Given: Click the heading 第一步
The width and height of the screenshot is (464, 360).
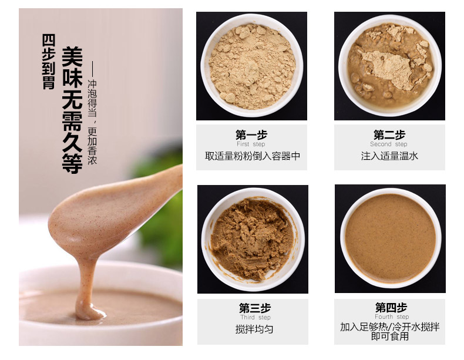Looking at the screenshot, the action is coord(251,135).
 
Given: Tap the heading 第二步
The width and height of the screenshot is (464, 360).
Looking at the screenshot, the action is coord(389,135).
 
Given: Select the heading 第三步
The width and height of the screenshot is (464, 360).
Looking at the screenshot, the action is coord(255,308).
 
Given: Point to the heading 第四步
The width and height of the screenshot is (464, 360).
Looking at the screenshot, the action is coord(391,307).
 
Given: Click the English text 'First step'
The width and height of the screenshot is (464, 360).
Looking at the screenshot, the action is coord(251,144).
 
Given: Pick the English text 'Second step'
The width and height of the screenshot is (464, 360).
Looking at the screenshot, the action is coord(389,144).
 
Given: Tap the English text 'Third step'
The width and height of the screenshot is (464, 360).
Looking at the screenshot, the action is coord(255,317).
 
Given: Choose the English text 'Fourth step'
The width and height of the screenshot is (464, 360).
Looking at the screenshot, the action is coord(392,317).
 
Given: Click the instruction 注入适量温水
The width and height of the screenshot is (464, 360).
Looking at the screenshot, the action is coord(389,156).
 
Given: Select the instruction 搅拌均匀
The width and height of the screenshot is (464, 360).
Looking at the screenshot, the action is coord(254,329).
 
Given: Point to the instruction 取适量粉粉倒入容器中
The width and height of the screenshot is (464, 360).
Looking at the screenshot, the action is coord(253,156).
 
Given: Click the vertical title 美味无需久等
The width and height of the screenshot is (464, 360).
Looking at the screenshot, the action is coord(72,110).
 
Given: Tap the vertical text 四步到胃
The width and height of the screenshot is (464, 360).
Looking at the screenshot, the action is coord(48,62).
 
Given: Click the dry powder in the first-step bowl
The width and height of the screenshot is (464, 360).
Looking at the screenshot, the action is coord(252,66).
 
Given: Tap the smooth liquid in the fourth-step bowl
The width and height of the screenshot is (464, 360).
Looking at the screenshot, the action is coord(391,238).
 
